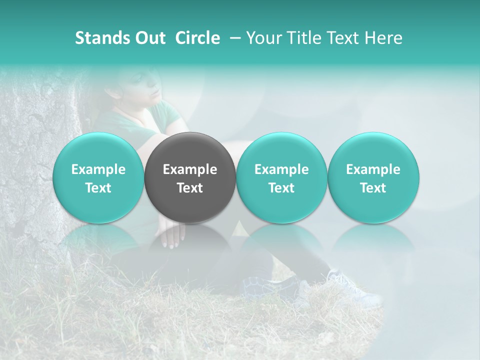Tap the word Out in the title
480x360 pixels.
[x=149, y=38]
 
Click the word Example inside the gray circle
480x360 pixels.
[x=190, y=169]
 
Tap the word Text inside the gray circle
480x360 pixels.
[x=190, y=188]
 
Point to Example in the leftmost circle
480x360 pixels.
[x=98, y=169]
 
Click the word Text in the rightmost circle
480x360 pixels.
[x=373, y=188]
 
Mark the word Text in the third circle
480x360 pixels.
[x=281, y=188]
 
